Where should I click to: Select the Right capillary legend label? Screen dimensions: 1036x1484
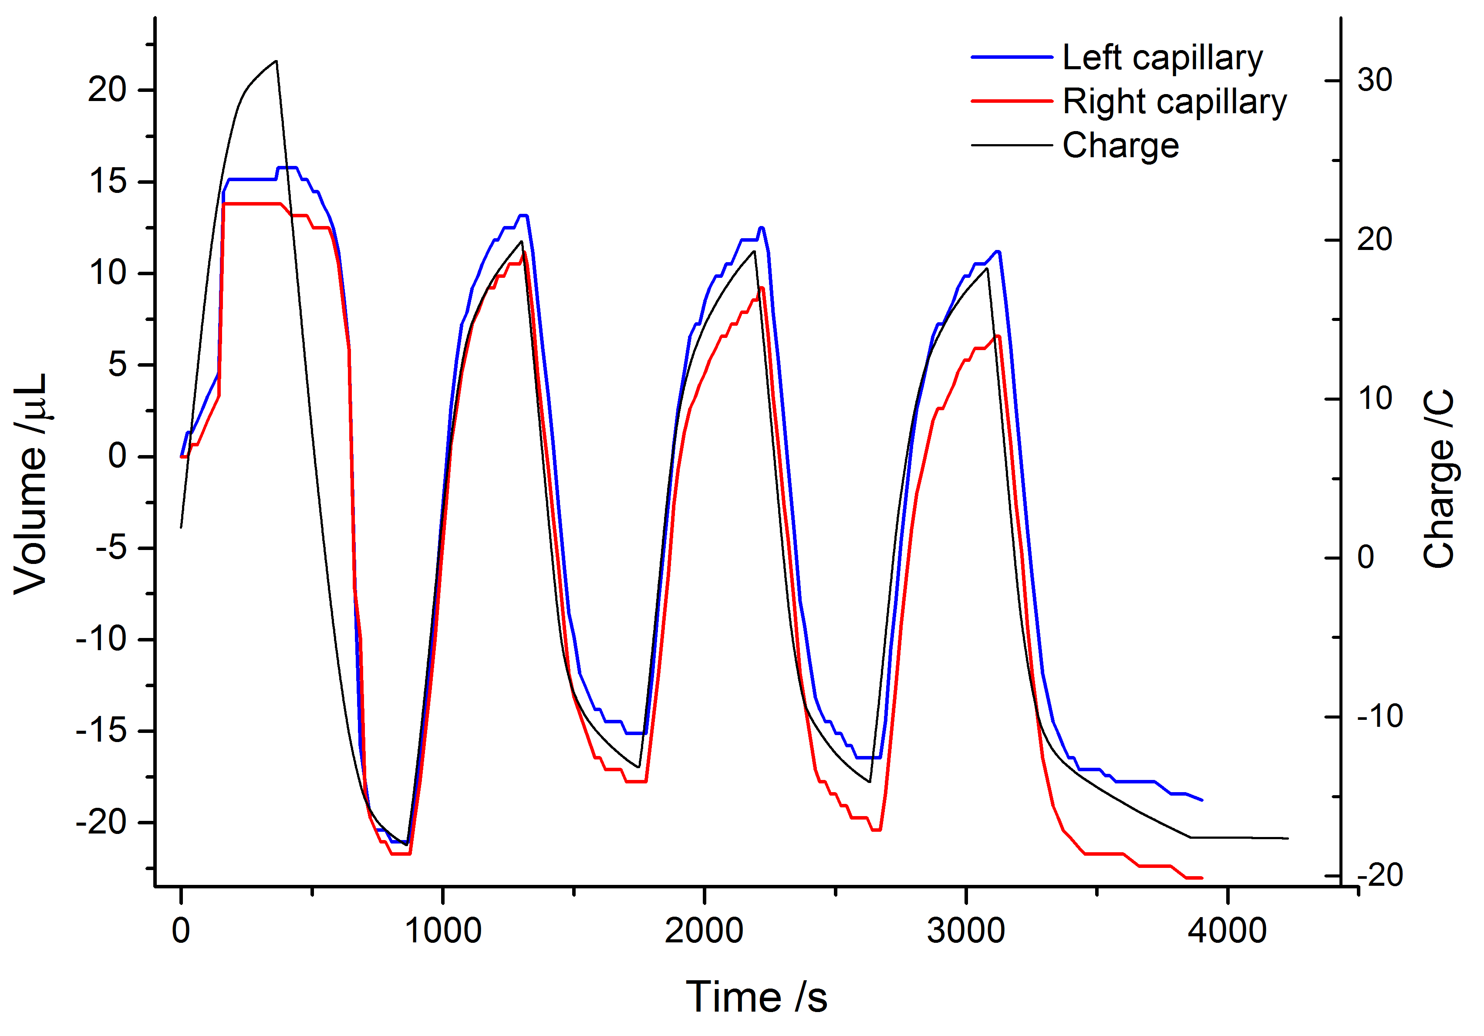pos(1174,102)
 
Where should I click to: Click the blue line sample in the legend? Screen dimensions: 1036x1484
pos(1012,57)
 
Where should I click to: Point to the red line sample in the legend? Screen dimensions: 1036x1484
pos(1012,101)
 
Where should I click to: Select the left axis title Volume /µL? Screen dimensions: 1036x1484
pos(31,483)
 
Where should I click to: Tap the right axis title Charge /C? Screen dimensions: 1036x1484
pos(1439,478)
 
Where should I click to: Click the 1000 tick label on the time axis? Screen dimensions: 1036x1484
pos(443,931)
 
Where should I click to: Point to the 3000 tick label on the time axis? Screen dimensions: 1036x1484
pos(966,931)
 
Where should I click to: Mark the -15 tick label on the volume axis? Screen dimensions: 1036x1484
pos(101,731)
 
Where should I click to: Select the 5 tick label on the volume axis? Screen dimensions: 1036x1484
pos(118,364)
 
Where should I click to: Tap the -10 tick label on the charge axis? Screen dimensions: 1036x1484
pos(1379,716)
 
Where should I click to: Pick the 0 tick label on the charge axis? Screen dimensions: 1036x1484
pos(1365,557)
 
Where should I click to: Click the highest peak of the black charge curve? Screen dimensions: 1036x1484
pos(276,61)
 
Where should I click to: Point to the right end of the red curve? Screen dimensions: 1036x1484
pos(1201,877)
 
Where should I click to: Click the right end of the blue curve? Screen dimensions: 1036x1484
pos(1201,800)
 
